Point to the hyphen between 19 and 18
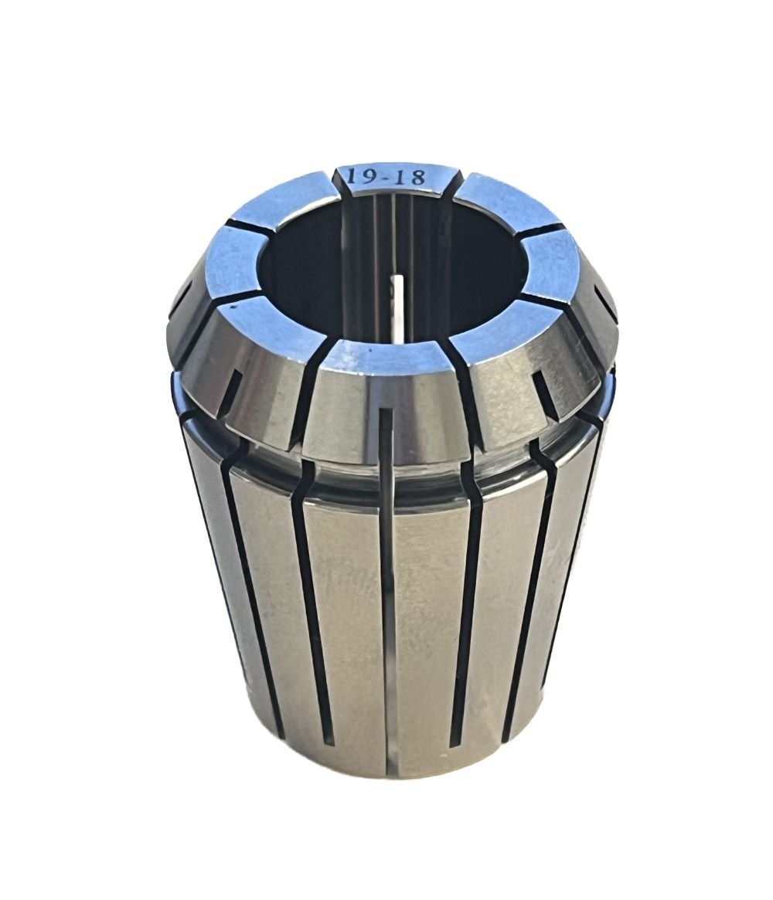point(385,178)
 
